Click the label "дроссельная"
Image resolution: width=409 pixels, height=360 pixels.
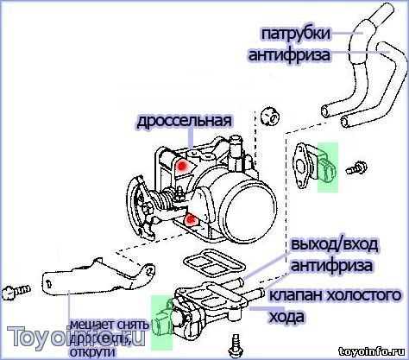[x=183, y=121]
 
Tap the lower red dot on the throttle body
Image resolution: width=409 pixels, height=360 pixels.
[x=189, y=223]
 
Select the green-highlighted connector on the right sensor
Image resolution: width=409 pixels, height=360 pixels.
[x=329, y=164]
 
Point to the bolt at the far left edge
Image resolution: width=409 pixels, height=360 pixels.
[x=11, y=292]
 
